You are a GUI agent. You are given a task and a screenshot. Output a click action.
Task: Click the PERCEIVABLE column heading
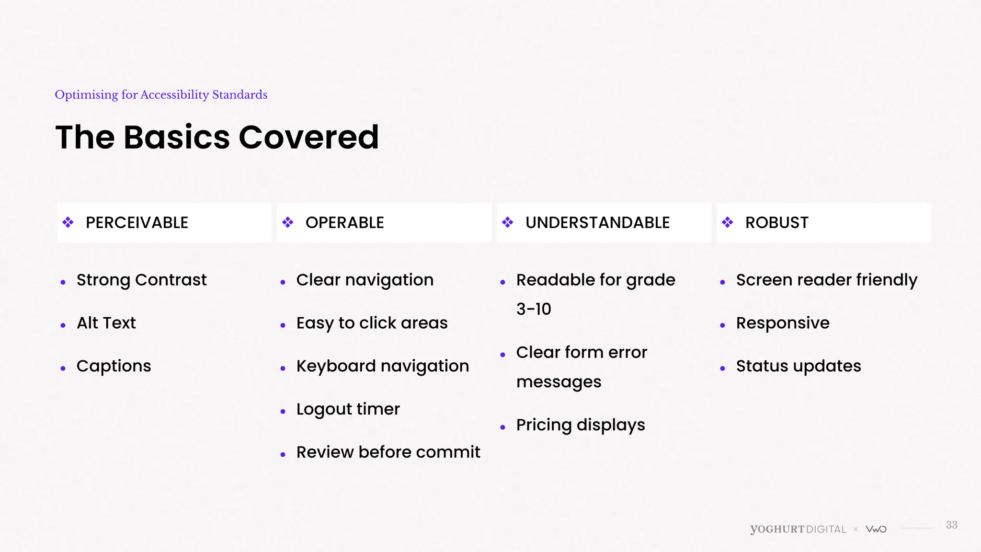(x=137, y=223)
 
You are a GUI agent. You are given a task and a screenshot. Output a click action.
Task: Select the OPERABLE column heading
(x=344, y=223)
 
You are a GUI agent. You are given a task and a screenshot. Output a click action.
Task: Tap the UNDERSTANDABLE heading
(x=597, y=223)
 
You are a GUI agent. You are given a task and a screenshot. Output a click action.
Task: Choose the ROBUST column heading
(x=776, y=223)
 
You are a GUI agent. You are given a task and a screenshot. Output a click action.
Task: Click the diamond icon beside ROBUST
(x=728, y=222)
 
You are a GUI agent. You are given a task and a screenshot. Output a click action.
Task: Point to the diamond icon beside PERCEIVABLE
(x=68, y=222)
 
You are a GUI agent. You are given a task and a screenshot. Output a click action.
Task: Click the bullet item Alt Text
(x=106, y=323)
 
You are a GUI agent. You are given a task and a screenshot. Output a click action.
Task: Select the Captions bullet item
(x=114, y=366)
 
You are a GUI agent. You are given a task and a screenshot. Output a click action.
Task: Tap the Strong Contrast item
(x=141, y=280)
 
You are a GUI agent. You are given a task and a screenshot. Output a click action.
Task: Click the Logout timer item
(x=348, y=409)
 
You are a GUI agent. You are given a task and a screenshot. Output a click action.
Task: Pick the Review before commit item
(x=388, y=452)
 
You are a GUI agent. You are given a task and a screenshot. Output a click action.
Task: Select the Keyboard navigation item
(x=382, y=366)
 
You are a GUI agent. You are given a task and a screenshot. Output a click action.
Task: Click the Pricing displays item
(x=580, y=425)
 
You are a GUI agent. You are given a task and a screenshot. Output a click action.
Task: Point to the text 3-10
(x=534, y=309)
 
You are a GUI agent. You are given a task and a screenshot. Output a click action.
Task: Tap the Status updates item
(x=798, y=366)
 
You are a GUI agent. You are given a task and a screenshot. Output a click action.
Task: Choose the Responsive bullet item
(x=782, y=323)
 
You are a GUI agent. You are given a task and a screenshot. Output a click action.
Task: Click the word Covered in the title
(x=308, y=138)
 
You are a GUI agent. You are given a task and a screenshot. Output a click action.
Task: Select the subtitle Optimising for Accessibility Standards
(x=161, y=95)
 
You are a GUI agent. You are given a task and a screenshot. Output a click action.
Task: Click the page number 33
(x=951, y=525)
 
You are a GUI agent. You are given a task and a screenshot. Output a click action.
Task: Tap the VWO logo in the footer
(x=876, y=529)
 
